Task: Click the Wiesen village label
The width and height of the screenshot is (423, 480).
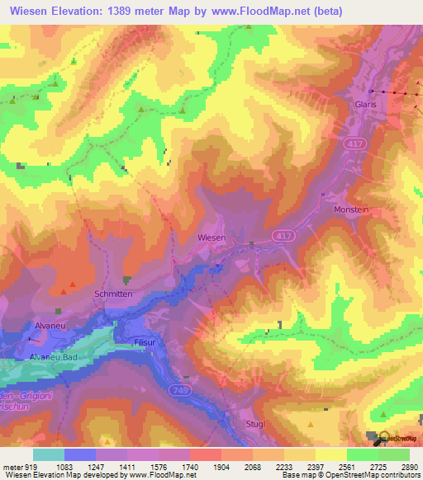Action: tap(212, 237)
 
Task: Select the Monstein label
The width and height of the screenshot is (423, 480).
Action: tap(351, 210)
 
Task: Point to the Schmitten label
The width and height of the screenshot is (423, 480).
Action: tap(113, 294)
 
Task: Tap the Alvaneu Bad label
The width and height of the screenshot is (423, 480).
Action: tap(54, 356)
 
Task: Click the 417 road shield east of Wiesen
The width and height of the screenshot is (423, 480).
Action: tap(284, 235)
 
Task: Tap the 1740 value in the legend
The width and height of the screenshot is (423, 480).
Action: tap(190, 467)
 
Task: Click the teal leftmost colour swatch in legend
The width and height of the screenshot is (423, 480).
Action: tap(49, 454)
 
